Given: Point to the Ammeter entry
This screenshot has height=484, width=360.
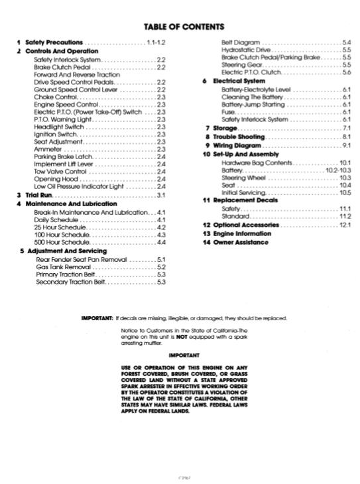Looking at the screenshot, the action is click(x=48, y=149).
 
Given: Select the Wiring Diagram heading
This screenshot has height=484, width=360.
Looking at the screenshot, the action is click(x=237, y=145).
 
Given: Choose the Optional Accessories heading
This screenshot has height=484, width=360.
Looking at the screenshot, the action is click(x=251, y=225).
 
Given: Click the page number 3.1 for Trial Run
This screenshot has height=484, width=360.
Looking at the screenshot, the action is click(x=160, y=195).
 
